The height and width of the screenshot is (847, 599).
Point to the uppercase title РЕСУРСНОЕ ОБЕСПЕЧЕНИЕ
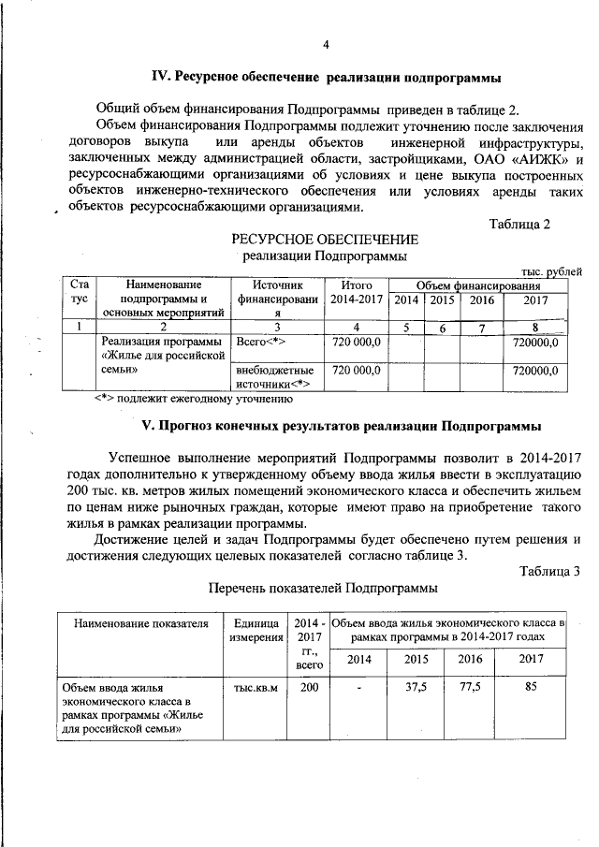(x=325, y=241)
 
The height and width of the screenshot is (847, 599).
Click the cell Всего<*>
(x=261, y=343)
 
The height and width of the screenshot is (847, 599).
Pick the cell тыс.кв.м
(x=256, y=690)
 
